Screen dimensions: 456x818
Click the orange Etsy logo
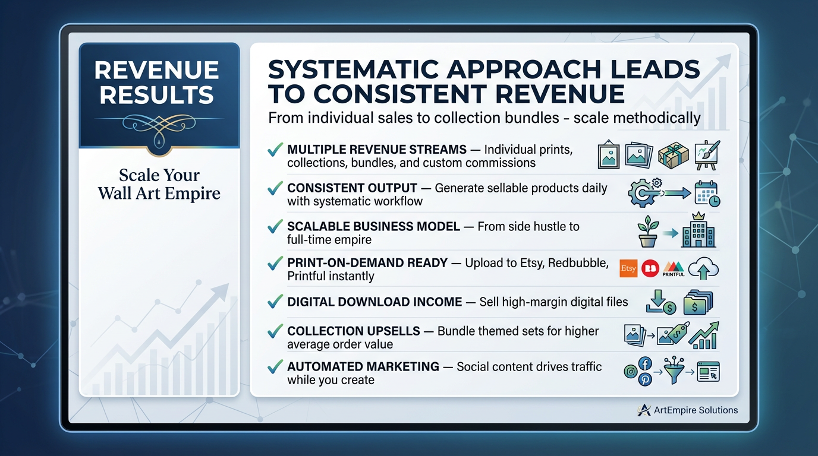(x=628, y=268)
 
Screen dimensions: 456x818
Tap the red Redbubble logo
(x=651, y=268)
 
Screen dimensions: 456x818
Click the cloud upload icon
(x=704, y=269)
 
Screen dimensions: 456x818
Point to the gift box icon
(x=674, y=155)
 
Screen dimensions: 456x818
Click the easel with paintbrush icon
(x=706, y=154)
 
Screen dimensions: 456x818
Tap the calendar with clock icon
(x=707, y=194)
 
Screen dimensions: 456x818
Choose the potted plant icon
(x=647, y=232)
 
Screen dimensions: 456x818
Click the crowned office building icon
(x=699, y=231)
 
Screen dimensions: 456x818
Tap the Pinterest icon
(x=644, y=379)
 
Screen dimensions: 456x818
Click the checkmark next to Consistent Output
(x=275, y=189)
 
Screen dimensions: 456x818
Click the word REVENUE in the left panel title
(x=157, y=71)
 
